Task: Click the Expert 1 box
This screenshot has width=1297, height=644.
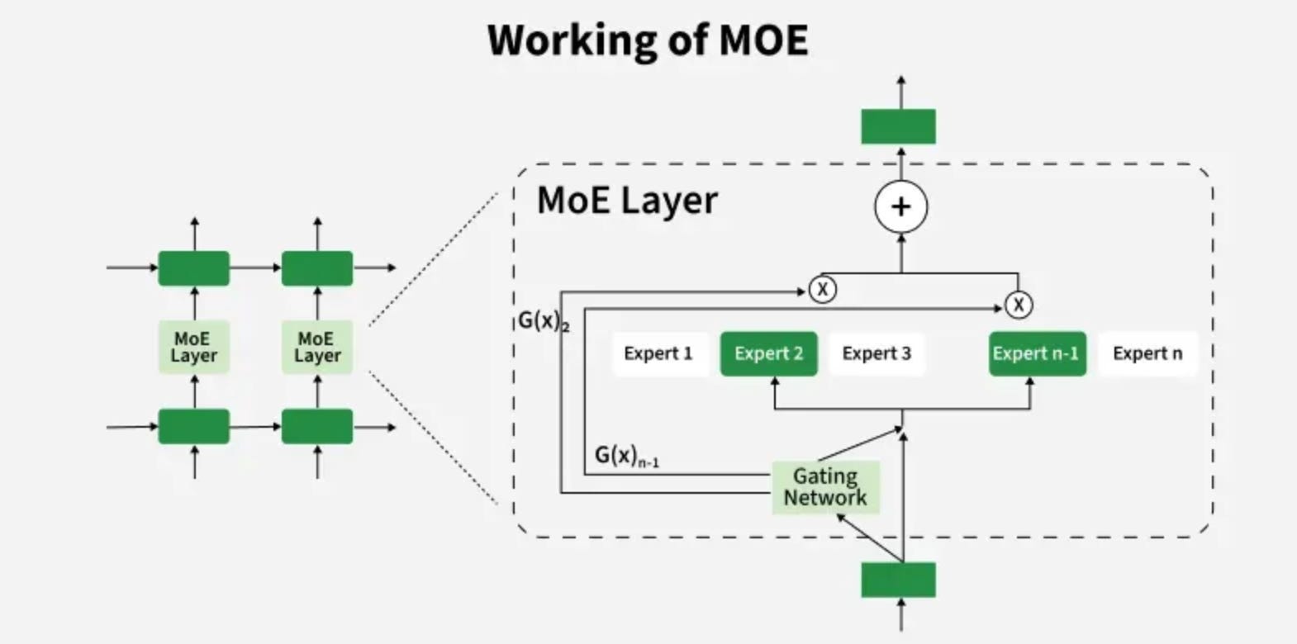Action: [658, 353]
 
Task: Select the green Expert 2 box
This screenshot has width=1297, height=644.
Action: [768, 353]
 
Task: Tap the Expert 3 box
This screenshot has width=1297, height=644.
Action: [877, 353]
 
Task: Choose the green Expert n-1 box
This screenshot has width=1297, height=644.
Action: [1037, 353]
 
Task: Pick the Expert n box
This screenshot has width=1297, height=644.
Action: [1147, 353]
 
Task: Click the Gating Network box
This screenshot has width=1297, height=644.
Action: [825, 487]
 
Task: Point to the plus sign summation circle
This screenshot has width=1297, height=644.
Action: [901, 206]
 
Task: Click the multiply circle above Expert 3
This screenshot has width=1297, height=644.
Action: [822, 290]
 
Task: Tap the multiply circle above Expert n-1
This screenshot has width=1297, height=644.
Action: [1019, 305]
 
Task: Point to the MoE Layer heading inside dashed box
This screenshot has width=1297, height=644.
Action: [627, 201]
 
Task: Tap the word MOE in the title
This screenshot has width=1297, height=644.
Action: [763, 40]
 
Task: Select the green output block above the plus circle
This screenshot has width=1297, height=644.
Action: [899, 126]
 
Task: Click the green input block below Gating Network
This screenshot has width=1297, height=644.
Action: [899, 580]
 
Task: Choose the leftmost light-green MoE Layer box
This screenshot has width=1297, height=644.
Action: [194, 347]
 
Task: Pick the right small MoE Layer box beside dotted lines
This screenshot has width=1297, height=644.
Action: [317, 347]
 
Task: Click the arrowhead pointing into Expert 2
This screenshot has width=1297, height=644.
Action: [775, 381]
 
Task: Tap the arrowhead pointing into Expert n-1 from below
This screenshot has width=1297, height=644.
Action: [1029, 381]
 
